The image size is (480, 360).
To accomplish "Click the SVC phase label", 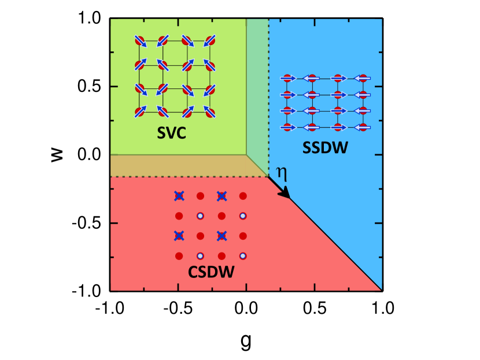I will tap(175, 133).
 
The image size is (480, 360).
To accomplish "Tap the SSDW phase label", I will tap(325, 149).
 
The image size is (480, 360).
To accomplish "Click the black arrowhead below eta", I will tap(285, 195).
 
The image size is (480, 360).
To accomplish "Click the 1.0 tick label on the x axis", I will tap(382, 307).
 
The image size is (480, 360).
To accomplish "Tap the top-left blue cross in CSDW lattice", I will tap(179, 196).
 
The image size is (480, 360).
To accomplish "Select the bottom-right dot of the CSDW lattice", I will tap(243, 255).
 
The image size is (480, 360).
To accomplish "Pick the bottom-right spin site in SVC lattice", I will tap(210, 112).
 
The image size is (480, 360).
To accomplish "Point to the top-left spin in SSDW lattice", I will tap(288, 77).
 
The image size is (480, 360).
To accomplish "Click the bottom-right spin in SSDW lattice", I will tap(363, 127).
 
